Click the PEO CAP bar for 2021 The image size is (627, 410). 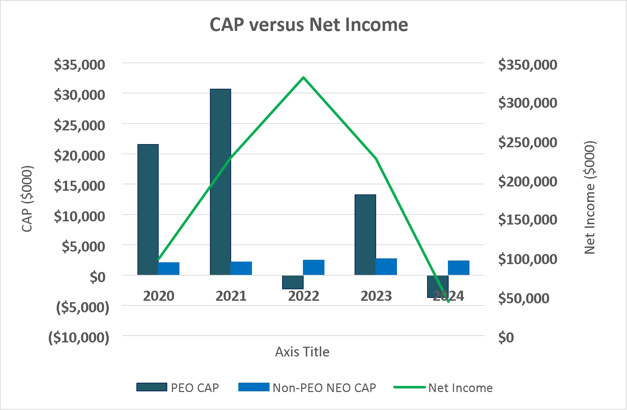click(220, 182)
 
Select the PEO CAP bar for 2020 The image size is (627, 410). click(148, 210)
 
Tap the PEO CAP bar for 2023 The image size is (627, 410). click(365, 235)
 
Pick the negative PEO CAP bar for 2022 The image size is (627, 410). click(293, 282)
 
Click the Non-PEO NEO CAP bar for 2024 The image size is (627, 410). click(459, 268)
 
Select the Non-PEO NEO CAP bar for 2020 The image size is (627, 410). click(169, 269)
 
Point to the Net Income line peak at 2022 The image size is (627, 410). click(304, 77)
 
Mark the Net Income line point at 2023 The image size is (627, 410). click(376, 158)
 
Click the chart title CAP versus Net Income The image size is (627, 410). click(309, 25)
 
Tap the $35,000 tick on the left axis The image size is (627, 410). click(79, 65)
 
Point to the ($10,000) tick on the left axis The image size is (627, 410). click(79, 337)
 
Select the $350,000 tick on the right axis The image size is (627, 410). click(528, 65)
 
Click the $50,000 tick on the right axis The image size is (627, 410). click(524, 298)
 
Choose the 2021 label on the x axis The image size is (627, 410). click(231, 296)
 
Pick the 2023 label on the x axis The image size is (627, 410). click(376, 296)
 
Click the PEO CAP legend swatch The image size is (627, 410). click(152, 387)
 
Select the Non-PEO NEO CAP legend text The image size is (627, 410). click(324, 388)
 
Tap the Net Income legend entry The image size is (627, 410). click(443, 388)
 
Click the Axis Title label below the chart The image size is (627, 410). click(302, 352)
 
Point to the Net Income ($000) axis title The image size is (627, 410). click(590, 197)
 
